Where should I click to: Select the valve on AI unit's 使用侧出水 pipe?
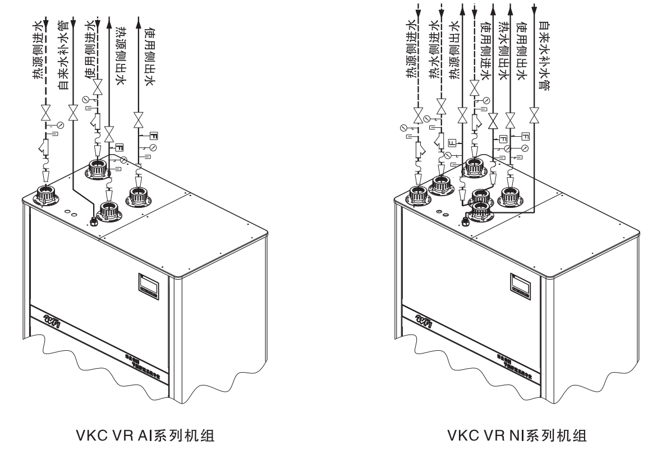click(x=138, y=119)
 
